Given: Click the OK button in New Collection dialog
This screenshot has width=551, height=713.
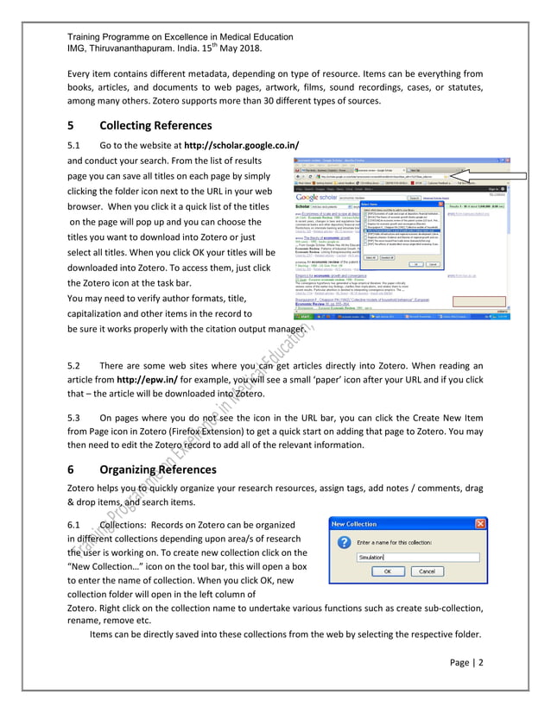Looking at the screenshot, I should click(x=388, y=571).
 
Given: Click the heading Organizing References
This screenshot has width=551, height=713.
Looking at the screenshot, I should click(x=159, y=470).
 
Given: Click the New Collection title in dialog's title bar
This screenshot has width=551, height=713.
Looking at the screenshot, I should click(x=354, y=523).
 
